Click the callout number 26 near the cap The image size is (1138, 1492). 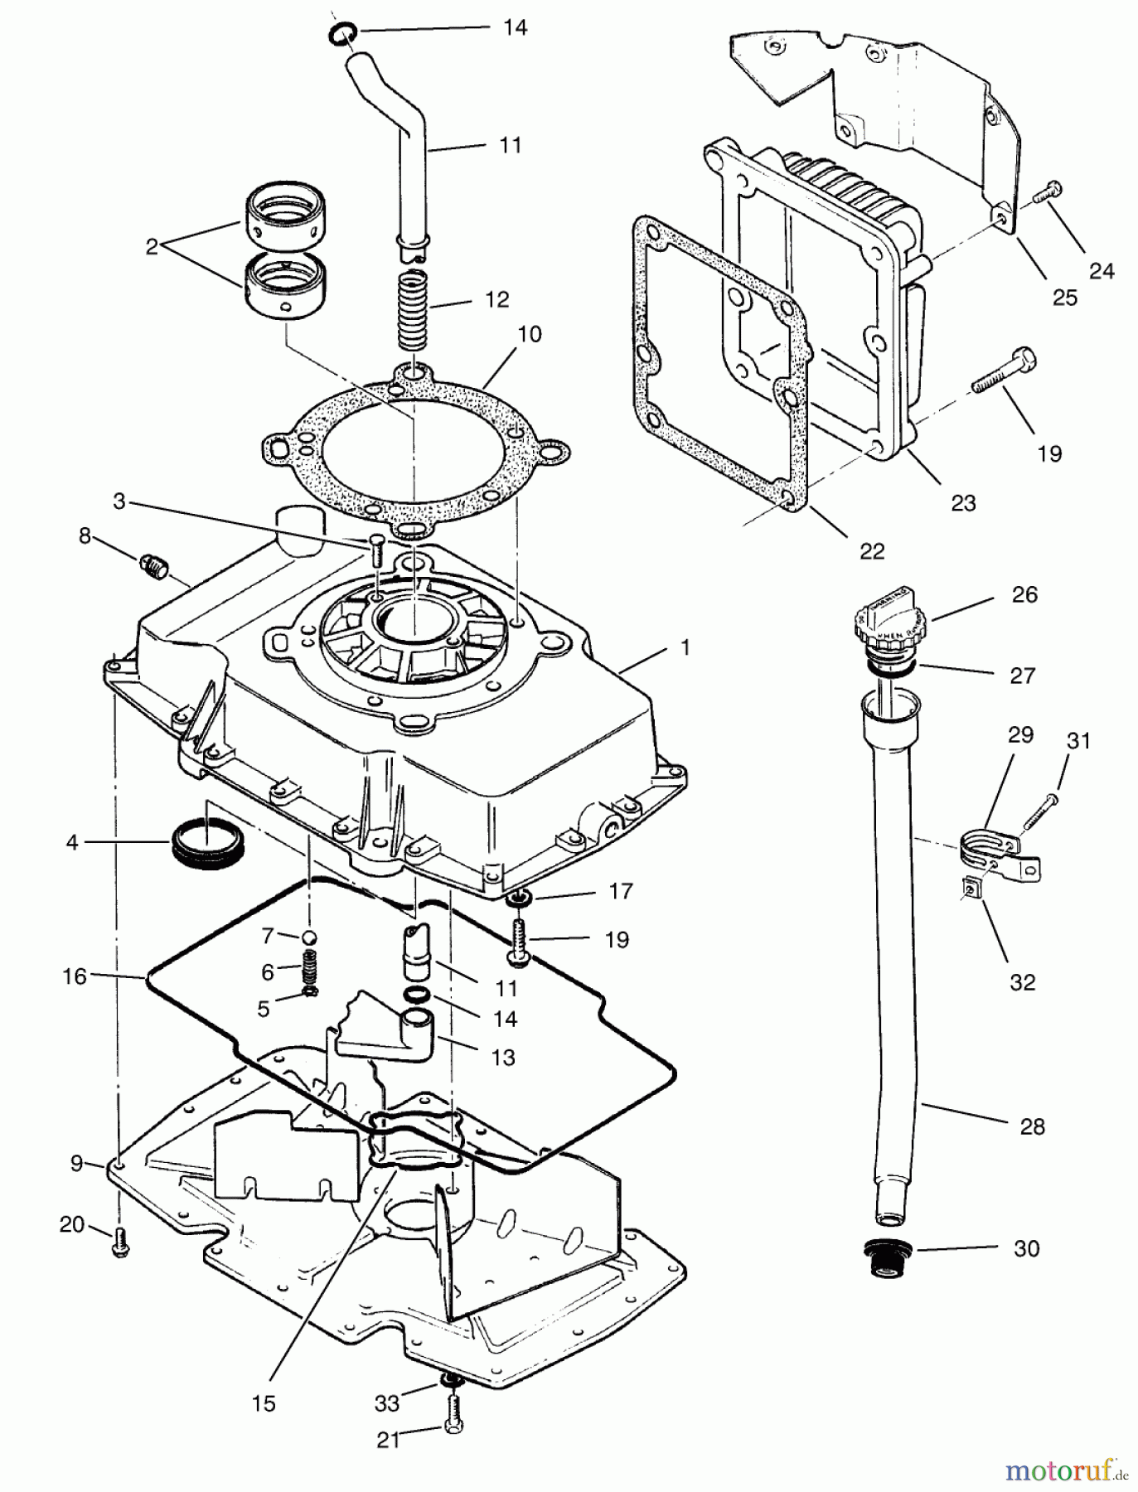(x=1024, y=594)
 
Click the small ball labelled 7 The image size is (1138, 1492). (x=308, y=936)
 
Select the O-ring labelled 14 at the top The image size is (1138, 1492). (x=342, y=33)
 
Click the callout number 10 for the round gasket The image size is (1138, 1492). (x=529, y=334)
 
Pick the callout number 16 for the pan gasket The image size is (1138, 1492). (x=75, y=976)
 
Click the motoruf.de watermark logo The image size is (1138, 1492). (x=1066, y=1471)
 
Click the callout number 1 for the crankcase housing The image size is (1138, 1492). (x=685, y=647)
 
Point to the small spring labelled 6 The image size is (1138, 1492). (x=308, y=966)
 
